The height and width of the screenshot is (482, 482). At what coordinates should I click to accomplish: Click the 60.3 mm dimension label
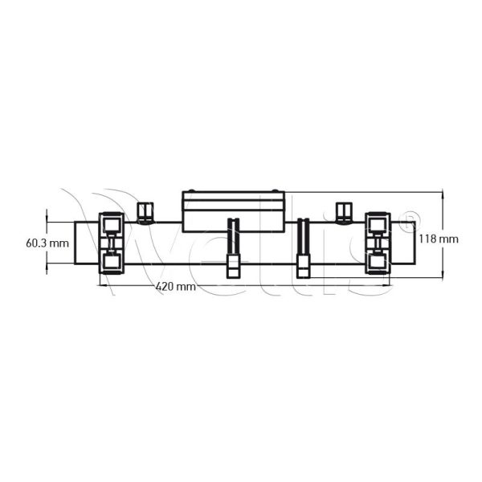(x=47, y=242)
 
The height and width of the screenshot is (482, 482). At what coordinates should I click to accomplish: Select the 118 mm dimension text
(x=438, y=239)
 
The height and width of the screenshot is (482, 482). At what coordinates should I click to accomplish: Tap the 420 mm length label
(x=174, y=285)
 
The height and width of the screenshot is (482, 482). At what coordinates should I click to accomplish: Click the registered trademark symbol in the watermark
(x=407, y=216)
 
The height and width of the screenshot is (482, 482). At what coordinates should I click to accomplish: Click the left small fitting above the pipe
(x=145, y=212)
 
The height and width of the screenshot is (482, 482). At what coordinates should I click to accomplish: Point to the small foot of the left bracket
(x=234, y=268)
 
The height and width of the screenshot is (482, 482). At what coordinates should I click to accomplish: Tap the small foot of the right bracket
(x=304, y=268)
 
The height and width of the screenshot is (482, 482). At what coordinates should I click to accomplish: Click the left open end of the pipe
(x=76, y=242)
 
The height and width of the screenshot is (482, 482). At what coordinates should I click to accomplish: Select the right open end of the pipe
(x=414, y=242)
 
